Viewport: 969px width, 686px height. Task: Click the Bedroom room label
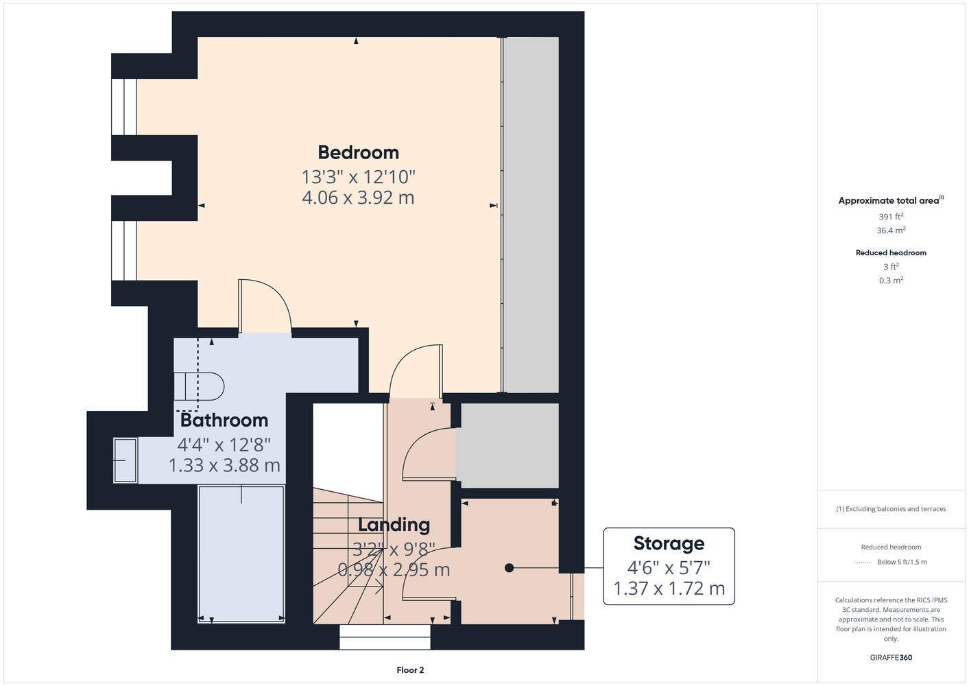tap(358, 152)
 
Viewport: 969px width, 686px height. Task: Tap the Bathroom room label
tap(224, 421)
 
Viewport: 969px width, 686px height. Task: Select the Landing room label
tap(394, 525)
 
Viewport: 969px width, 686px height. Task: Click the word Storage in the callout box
tap(669, 543)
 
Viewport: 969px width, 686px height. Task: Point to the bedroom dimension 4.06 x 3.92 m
tap(358, 198)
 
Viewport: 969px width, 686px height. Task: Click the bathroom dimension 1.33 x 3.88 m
tap(224, 465)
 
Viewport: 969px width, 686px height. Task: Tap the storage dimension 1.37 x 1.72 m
tap(669, 588)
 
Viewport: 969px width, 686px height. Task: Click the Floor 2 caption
tap(410, 670)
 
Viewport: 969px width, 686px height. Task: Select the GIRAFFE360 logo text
tap(891, 657)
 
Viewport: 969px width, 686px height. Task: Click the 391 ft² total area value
tap(891, 216)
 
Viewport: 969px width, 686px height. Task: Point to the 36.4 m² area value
tap(891, 230)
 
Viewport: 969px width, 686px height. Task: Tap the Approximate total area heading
tap(891, 200)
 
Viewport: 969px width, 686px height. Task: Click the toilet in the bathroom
tap(199, 386)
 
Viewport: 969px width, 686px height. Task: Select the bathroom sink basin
tap(125, 460)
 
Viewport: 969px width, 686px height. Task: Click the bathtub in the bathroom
tap(241, 554)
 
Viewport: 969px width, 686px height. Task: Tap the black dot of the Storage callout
tap(509, 568)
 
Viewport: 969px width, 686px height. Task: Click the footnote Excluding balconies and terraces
tap(891, 509)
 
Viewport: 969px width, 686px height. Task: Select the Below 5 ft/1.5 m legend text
tap(902, 562)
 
